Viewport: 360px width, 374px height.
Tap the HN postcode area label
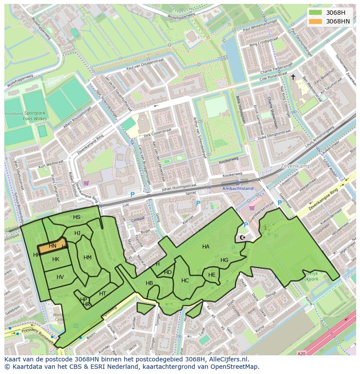point(53,246)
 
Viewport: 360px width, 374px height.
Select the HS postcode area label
point(77,217)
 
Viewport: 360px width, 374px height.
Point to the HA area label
point(206,247)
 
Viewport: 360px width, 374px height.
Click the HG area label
point(224,260)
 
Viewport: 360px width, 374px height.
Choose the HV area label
point(60,277)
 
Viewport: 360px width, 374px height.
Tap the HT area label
point(103,294)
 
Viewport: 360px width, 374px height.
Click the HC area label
point(185,281)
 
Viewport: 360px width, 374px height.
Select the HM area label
point(87,258)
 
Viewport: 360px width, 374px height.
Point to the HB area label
point(149,283)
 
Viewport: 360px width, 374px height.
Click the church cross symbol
point(293,77)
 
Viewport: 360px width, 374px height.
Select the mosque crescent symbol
point(242,238)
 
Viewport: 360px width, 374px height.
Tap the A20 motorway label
point(301,354)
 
